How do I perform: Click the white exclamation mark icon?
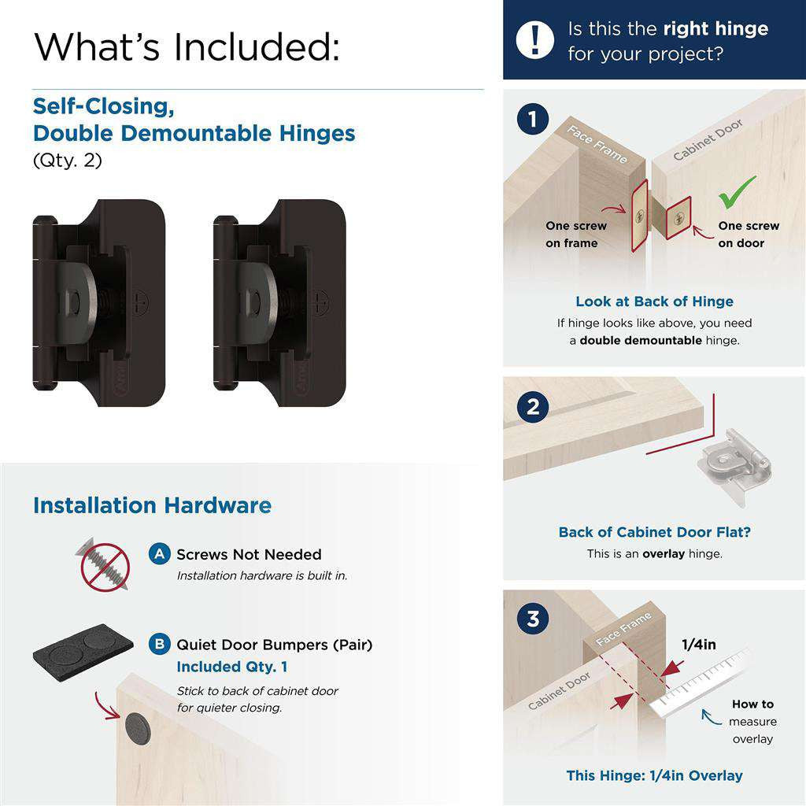(x=535, y=39)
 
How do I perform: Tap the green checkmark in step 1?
(x=738, y=191)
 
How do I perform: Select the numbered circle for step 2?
(x=534, y=407)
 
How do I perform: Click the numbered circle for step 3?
(x=534, y=619)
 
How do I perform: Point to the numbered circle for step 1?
(x=534, y=120)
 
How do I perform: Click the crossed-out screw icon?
(x=105, y=565)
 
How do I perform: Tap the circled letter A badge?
(x=160, y=554)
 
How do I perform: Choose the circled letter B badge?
(x=160, y=645)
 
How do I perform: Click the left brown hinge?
(x=98, y=302)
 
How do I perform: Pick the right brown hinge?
(x=279, y=302)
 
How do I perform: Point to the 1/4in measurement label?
(x=698, y=645)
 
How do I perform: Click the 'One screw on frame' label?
(x=576, y=235)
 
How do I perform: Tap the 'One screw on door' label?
(x=748, y=235)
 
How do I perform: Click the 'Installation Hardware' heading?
(x=152, y=505)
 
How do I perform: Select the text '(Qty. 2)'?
(x=68, y=161)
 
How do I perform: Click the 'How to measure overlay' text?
(x=752, y=721)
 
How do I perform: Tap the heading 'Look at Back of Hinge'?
(x=654, y=301)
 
